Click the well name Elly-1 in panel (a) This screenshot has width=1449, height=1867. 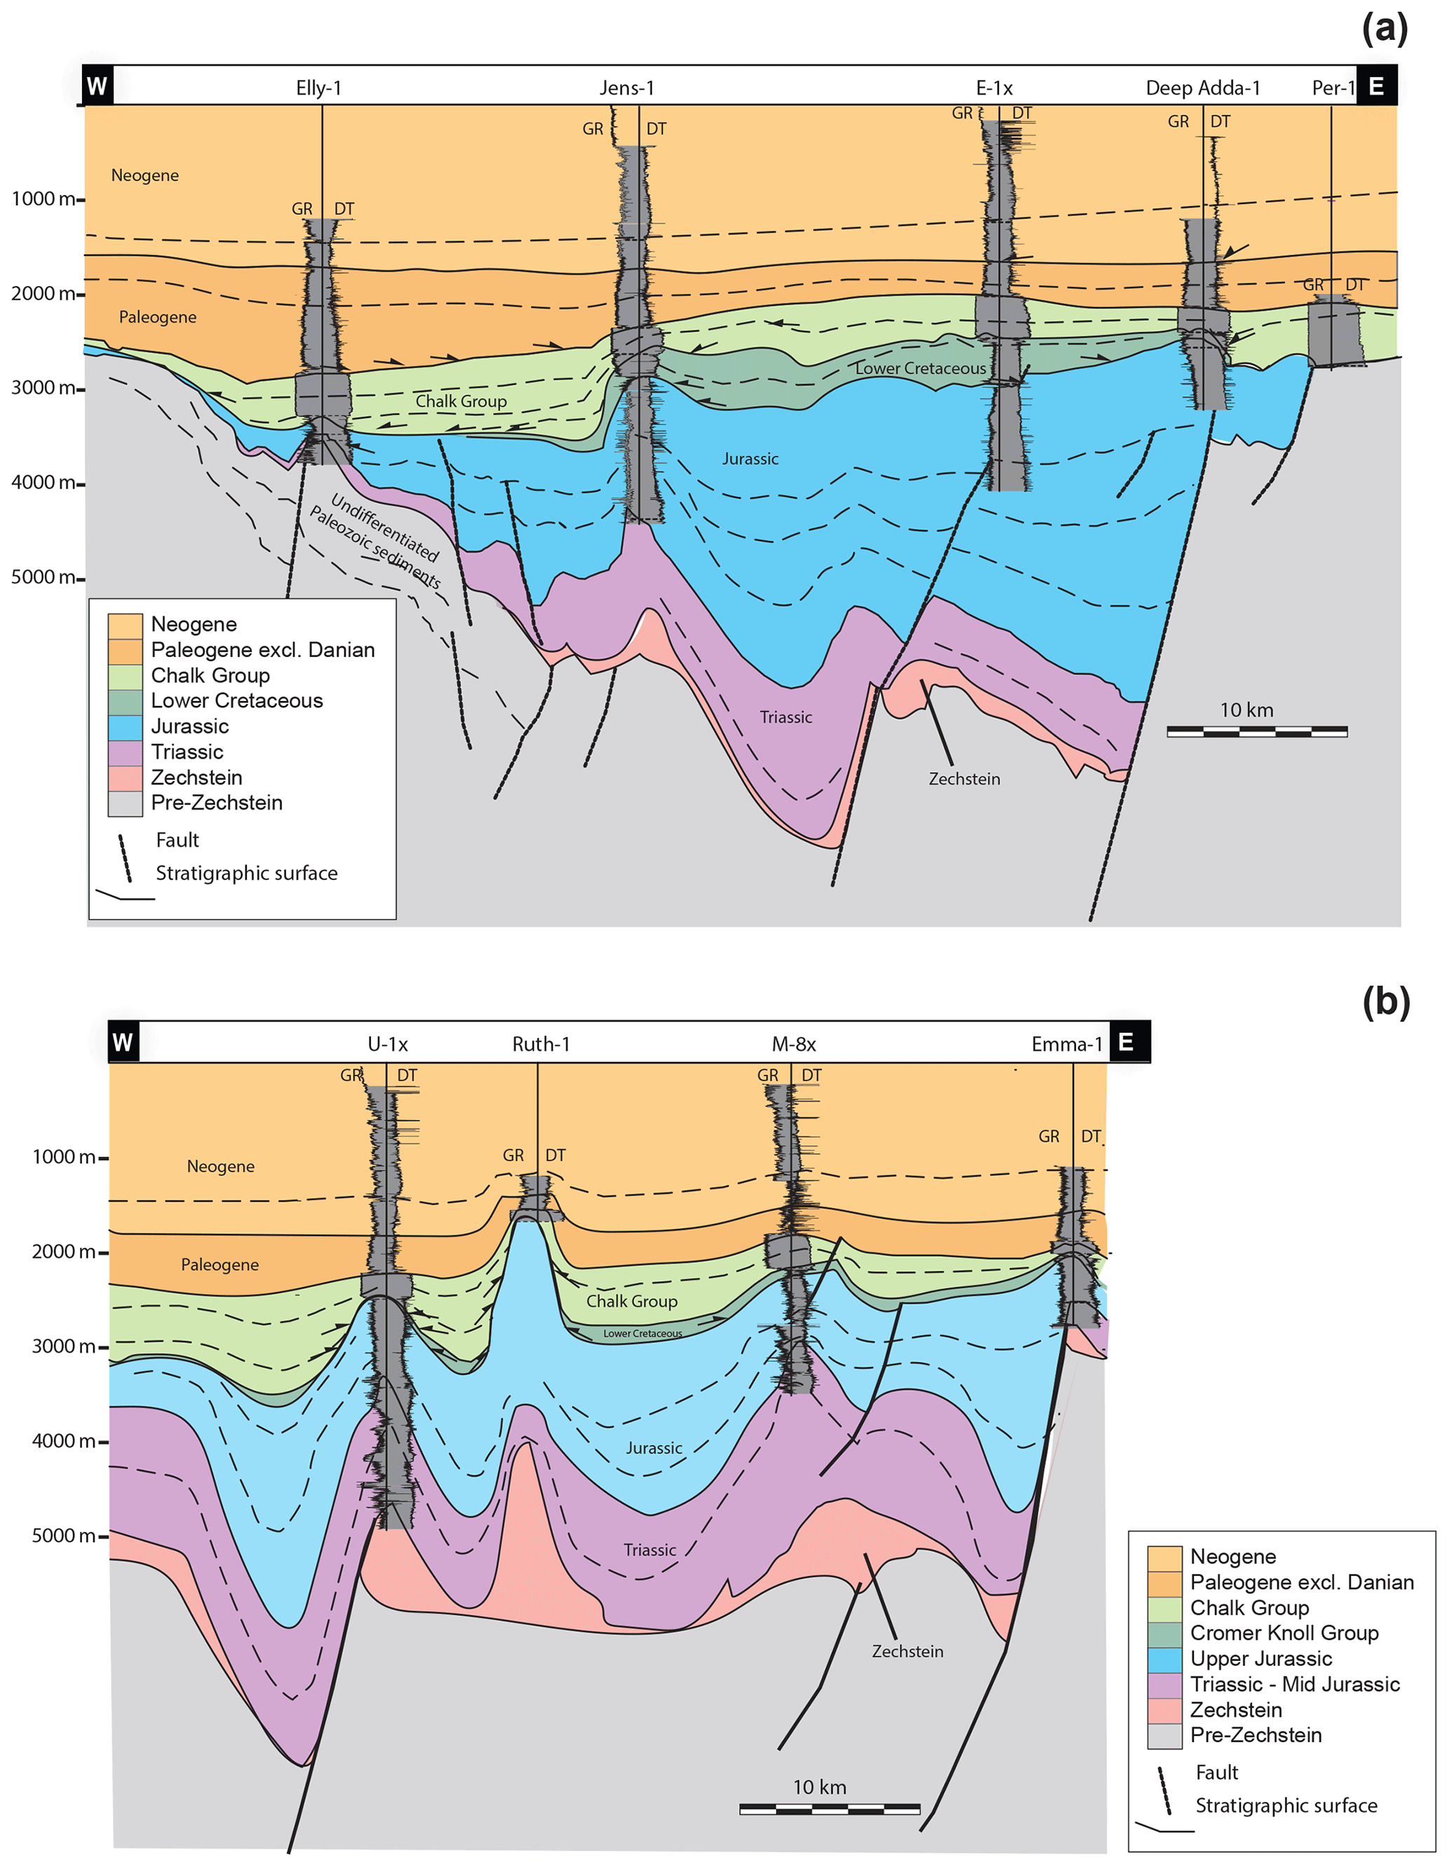318,88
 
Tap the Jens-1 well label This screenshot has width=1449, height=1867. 626,88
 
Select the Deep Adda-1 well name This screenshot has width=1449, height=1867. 1202,88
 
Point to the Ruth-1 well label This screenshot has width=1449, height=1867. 540,1044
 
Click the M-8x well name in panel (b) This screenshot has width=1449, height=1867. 794,1044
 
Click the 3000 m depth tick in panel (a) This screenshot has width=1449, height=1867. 48,388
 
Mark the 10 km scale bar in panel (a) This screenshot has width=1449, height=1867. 1257,731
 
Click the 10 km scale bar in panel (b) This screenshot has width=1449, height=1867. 829,1808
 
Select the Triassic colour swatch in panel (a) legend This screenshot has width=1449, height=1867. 125,753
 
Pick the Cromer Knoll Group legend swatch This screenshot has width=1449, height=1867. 1164,1634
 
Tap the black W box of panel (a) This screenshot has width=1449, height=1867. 97,86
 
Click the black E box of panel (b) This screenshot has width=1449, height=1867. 1126,1042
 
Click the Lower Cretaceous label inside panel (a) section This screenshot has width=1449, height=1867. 920,369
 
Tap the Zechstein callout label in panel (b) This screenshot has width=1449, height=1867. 907,1652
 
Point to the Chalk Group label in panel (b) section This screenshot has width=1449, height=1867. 632,1301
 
